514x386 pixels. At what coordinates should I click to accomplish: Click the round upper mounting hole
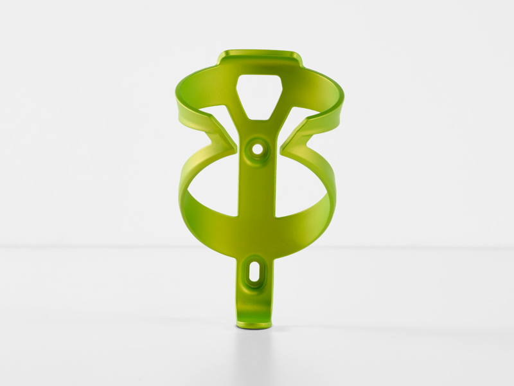coord(258,149)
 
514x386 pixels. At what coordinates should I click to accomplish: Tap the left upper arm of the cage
coord(193,96)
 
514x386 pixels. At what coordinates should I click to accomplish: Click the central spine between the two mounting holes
coord(257,206)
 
